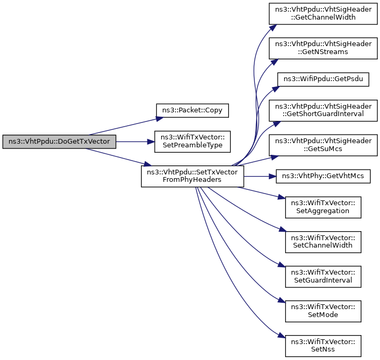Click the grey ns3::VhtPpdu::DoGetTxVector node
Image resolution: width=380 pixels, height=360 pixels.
[x=59, y=142]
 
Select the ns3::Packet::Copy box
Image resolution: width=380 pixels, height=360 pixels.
[x=192, y=111]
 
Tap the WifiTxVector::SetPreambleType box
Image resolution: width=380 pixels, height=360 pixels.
[x=192, y=142]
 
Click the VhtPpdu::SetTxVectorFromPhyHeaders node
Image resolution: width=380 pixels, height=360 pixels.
[x=192, y=176]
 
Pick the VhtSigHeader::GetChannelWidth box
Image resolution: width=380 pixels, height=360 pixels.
[x=323, y=14]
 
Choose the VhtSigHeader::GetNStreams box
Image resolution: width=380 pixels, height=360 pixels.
[x=323, y=48]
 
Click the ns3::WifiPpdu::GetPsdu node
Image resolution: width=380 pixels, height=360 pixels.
[x=323, y=80]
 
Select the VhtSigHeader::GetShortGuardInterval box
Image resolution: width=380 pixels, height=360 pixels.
[x=323, y=111]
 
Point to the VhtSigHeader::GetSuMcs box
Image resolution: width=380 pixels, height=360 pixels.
[x=323, y=145]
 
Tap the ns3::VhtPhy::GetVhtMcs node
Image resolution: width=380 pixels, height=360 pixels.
[x=323, y=176]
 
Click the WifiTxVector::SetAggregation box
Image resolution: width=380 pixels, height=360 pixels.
[x=323, y=207]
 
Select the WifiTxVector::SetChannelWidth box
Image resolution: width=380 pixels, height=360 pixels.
[x=323, y=242]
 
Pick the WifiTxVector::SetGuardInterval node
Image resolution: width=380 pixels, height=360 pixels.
[x=323, y=277]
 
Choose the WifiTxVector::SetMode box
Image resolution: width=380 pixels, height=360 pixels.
[x=323, y=311]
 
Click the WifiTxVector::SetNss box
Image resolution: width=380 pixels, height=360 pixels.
[x=323, y=346]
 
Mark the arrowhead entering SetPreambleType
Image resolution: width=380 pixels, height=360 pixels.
[x=151, y=142]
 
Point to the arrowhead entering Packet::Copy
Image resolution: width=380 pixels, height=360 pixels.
[x=160, y=119]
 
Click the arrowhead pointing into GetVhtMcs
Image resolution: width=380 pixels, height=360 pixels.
[x=272, y=176]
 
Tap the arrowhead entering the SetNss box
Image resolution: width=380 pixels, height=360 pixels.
[x=281, y=336]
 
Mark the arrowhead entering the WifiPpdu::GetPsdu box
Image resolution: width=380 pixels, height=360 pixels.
[x=276, y=89]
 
